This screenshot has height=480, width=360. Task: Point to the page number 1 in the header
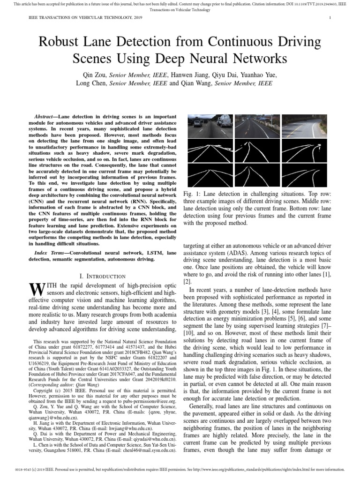coord(330,18)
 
